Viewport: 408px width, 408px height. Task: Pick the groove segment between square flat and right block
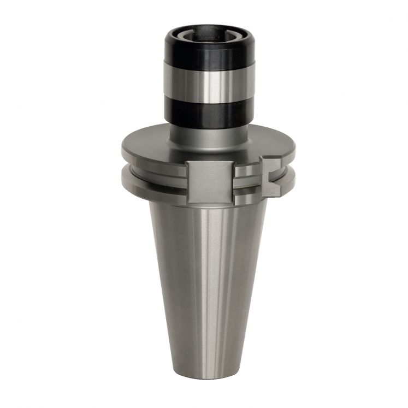click(247, 178)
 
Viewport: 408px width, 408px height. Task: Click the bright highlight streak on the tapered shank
click(218, 273)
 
